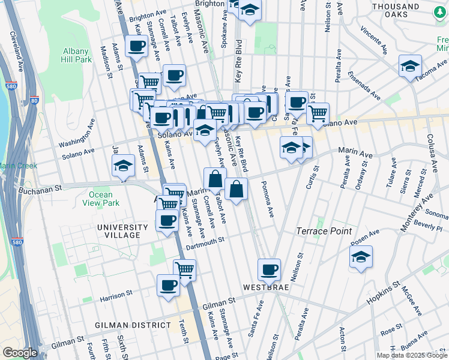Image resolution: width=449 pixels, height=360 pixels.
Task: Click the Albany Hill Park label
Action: pyautogui.click(x=76, y=55)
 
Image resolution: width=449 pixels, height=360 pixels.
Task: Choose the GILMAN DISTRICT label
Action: pyautogui.click(x=132, y=325)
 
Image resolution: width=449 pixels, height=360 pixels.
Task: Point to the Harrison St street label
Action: pyautogui.click(x=116, y=295)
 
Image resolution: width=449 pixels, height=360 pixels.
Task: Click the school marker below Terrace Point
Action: pyautogui.click(x=361, y=257)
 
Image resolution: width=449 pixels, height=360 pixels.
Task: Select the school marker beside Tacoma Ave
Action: pyautogui.click(x=410, y=66)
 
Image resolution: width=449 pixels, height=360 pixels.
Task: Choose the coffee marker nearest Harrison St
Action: pyautogui.click(x=168, y=285)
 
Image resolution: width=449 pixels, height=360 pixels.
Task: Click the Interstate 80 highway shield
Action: pyautogui.click(x=34, y=101)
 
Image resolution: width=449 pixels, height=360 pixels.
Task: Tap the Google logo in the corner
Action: pyautogui.click(x=20, y=353)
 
